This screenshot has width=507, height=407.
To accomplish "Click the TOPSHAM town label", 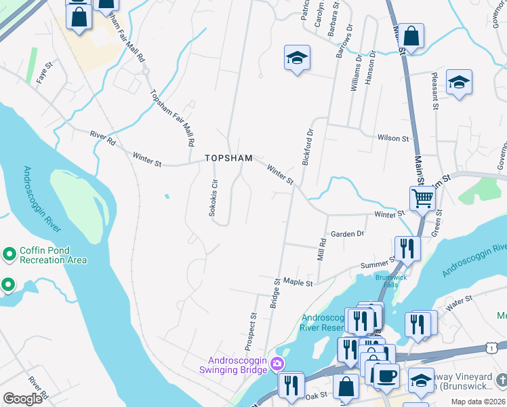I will tap(229, 158).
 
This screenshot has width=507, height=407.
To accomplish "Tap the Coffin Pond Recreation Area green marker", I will tap(9, 254).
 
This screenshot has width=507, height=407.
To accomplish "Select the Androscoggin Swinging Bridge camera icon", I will tap(277, 364).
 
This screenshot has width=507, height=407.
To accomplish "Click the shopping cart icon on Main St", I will tap(422, 198).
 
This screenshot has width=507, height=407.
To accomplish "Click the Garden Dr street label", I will tap(348, 234).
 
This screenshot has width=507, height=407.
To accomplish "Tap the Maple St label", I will tap(298, 282).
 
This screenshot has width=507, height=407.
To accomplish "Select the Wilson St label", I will tap(393, 138).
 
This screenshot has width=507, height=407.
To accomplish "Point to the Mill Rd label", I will tap(321, 250).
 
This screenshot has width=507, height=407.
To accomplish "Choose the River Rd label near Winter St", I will tap(103, 136).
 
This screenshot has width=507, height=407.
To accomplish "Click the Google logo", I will tap(22, 399).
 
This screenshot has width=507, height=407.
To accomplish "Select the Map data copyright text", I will tap(478, 402).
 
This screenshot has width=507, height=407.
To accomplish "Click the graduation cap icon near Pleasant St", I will tap(459, 82).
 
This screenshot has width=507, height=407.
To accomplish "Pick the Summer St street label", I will tap(378, 263).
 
